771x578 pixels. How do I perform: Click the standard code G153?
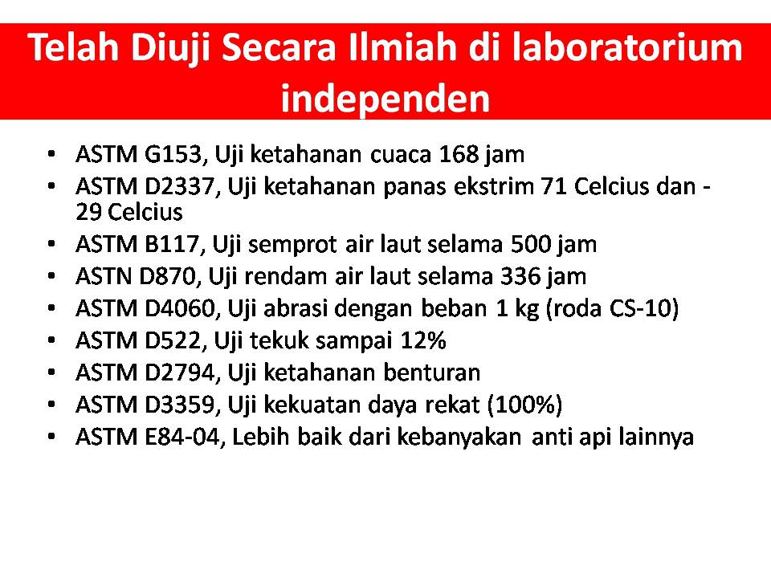coord(173,155)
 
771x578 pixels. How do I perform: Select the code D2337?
coord(179,187)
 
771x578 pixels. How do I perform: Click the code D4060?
coord(179,308)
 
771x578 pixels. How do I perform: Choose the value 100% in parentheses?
coord(524,405)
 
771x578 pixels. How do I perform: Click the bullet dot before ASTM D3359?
coord(51,405)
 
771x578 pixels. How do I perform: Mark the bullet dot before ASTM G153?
coord(51,154)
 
